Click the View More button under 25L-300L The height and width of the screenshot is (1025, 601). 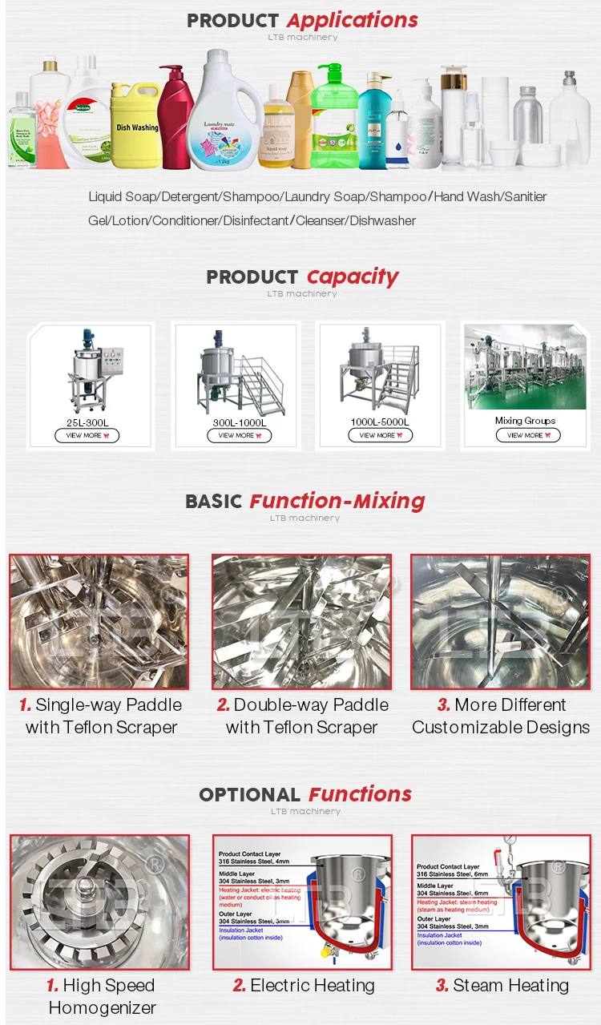87,435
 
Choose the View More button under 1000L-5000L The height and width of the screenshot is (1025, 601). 380,435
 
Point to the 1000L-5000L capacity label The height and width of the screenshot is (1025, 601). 380,422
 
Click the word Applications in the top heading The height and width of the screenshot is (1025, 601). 352,20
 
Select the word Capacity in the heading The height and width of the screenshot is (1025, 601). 352,276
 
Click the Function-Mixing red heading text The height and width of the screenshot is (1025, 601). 337,501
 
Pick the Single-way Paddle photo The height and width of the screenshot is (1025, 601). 99,622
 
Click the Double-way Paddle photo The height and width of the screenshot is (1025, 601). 301,622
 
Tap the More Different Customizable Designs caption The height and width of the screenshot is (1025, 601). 501,716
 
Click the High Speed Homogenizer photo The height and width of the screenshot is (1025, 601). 99,902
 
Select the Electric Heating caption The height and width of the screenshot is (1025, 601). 304,986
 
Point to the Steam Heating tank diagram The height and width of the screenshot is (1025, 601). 501,902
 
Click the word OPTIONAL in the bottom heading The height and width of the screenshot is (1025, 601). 249,794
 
